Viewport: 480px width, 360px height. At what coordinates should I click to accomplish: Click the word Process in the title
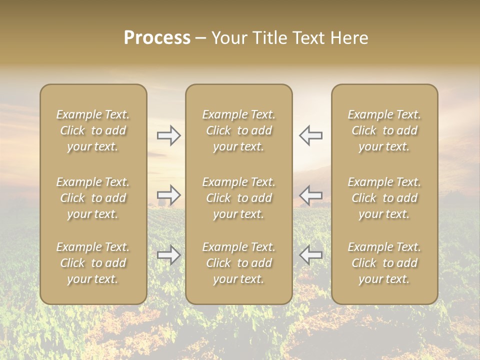point(157,38)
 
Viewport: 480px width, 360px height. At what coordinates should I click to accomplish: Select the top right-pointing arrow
point(168,135)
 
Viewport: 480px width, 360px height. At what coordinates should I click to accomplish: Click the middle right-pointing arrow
point(168,194)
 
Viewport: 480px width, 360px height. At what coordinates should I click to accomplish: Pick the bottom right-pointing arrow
point(168,255)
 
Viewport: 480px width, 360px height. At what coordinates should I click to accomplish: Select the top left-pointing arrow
point(310,135)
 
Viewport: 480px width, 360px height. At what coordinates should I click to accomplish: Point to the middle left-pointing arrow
point(310,194)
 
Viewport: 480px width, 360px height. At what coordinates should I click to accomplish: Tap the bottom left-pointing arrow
point(310,255)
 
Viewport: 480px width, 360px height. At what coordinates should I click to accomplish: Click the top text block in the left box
point(93,130)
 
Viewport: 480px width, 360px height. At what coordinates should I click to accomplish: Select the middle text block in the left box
point(93,198)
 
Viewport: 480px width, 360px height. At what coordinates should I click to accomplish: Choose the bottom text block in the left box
point(93,263)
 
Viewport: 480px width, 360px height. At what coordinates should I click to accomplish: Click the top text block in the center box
point(238,130)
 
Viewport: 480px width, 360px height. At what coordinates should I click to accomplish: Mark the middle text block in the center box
point(238,198)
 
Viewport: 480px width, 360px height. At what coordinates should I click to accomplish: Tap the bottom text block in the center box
point(238,263)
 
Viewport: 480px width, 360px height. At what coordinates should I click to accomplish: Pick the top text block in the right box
point(384,130)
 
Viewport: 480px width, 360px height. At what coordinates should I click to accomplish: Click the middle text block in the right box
point(384,198)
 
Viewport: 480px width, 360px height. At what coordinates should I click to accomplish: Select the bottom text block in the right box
point(384,263)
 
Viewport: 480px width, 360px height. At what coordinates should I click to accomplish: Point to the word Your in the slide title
point(229,38)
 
